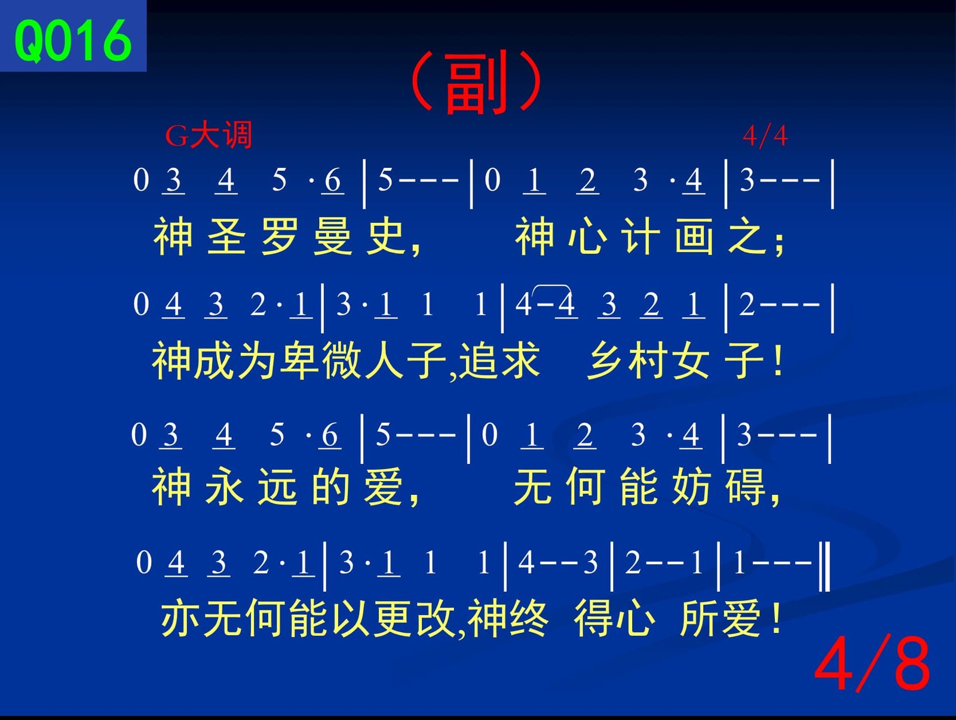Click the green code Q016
tap(73, 41)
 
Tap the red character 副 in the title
tap(476, 83)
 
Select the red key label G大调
tap(209, 136)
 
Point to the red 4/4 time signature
tap(765, 136)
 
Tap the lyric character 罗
tap(280, 236)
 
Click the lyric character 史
tap(385, 236)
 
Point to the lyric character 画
tap(694, 236)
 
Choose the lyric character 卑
tap(300, 360)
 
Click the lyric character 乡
tap(606, 360)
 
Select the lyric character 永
tap(224, 487)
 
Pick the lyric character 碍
tap(746, 487)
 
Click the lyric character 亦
tap(180, 618)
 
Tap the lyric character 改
tap(436, 618)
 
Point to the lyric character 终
tap(528, 618)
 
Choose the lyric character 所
tap(700, 618)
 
